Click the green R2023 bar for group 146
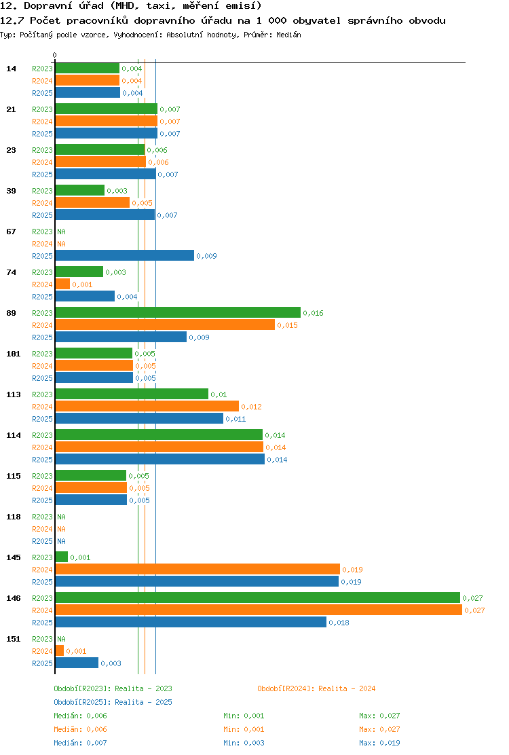pyautogui.click(x=258, y=597)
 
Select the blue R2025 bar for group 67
pyautogui.click(x=125, y=256)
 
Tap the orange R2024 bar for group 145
pyautogui.click(x=197, y=569)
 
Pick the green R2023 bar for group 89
pyautogui.click(x=178, y=312)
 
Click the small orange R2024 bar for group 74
pyautogui.click(x=62, y=284)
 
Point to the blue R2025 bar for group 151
pyautogui.click(x=77, y=663)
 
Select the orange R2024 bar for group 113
pyautogui.click(x=147, y=407)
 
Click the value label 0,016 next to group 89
pyautogui.click(x=313, y=313)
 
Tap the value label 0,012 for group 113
pyautogui.click(x=252, y=407)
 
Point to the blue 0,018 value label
pyautogui.click(x=339, y=623)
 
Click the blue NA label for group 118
pyautogui.click(x=62, y=541)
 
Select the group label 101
pyautogui.click(x=14, y=354)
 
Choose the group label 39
pyautogui.click(x=11, y=191)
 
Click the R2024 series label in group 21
pyautogui.click(x=42, y=122)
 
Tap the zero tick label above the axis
pyautogui.click(x=54, y=56)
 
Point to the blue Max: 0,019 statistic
pyautogui.click(x=379, y=743)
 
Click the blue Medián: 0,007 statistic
pyautogui.click(x=80, y=743)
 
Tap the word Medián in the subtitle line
pyautogui.click(x=288, y=35)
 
